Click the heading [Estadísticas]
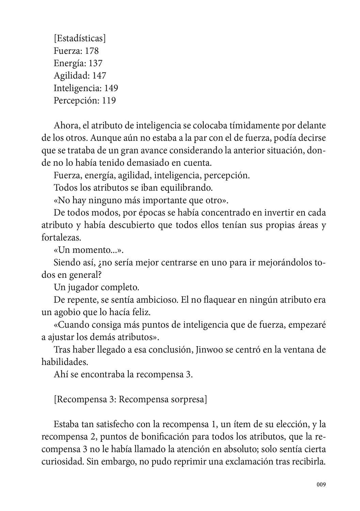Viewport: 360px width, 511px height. [x=80, y=38]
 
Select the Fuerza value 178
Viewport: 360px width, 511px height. [x=92, y=51]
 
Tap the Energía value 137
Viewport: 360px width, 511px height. [x=95, y=63]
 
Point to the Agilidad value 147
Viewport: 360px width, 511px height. [x=99, y=76]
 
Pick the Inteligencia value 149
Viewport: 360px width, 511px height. [x=111, y=88]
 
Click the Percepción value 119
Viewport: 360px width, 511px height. [x=109, y=100]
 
